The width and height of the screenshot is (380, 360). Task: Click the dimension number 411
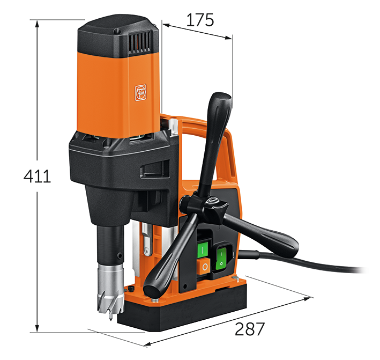point(37,176)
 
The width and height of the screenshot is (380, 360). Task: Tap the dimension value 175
point(200,20)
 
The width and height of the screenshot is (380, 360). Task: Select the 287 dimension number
point(250,329)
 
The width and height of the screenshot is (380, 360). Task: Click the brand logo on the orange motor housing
point(140,92)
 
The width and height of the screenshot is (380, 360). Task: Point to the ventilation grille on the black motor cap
point(140,42)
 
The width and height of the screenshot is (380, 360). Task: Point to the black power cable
point(303,261)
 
